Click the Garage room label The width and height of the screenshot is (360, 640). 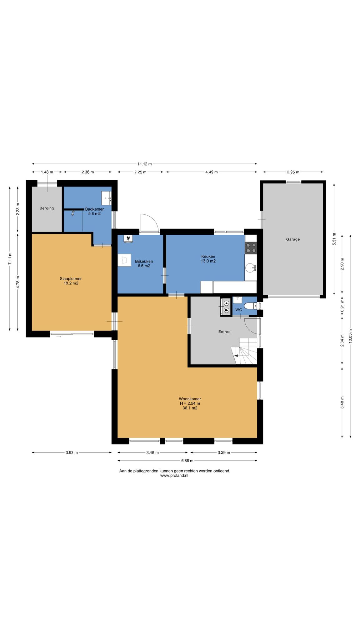pyautogui.click(x=293, y=239)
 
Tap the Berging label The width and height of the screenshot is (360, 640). pyautogui.click(x=47, y=208)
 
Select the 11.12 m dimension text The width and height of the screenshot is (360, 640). pyautogui.click(x=145, y=164)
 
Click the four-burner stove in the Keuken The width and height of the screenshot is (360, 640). pyautogui.click(x=251, y=248)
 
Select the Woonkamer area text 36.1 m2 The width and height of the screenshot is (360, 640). pyautogui.click(x=190, y=408)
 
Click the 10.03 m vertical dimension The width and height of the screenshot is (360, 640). pyautogui.click(x=350, y=336)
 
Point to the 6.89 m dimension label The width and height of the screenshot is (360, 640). pyautogui.click(x=187, y=461)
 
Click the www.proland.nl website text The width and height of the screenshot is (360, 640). pyautogui.click(x=174, y=476)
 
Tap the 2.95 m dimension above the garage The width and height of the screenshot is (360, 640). pyautogui.click(x=293, y=172)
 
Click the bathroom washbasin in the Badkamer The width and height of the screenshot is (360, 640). pyautogui.click(x=107, y=198)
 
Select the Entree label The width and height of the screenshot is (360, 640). pyautogui.click(x=224, y=332)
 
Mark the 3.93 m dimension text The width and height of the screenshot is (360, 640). pyautogui.click(x=72, y=452)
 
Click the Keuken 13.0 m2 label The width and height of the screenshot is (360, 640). pyautogui.click(x=208, y=259)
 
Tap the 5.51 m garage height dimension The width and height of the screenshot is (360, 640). pyautogui.click(x=334, y=239)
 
